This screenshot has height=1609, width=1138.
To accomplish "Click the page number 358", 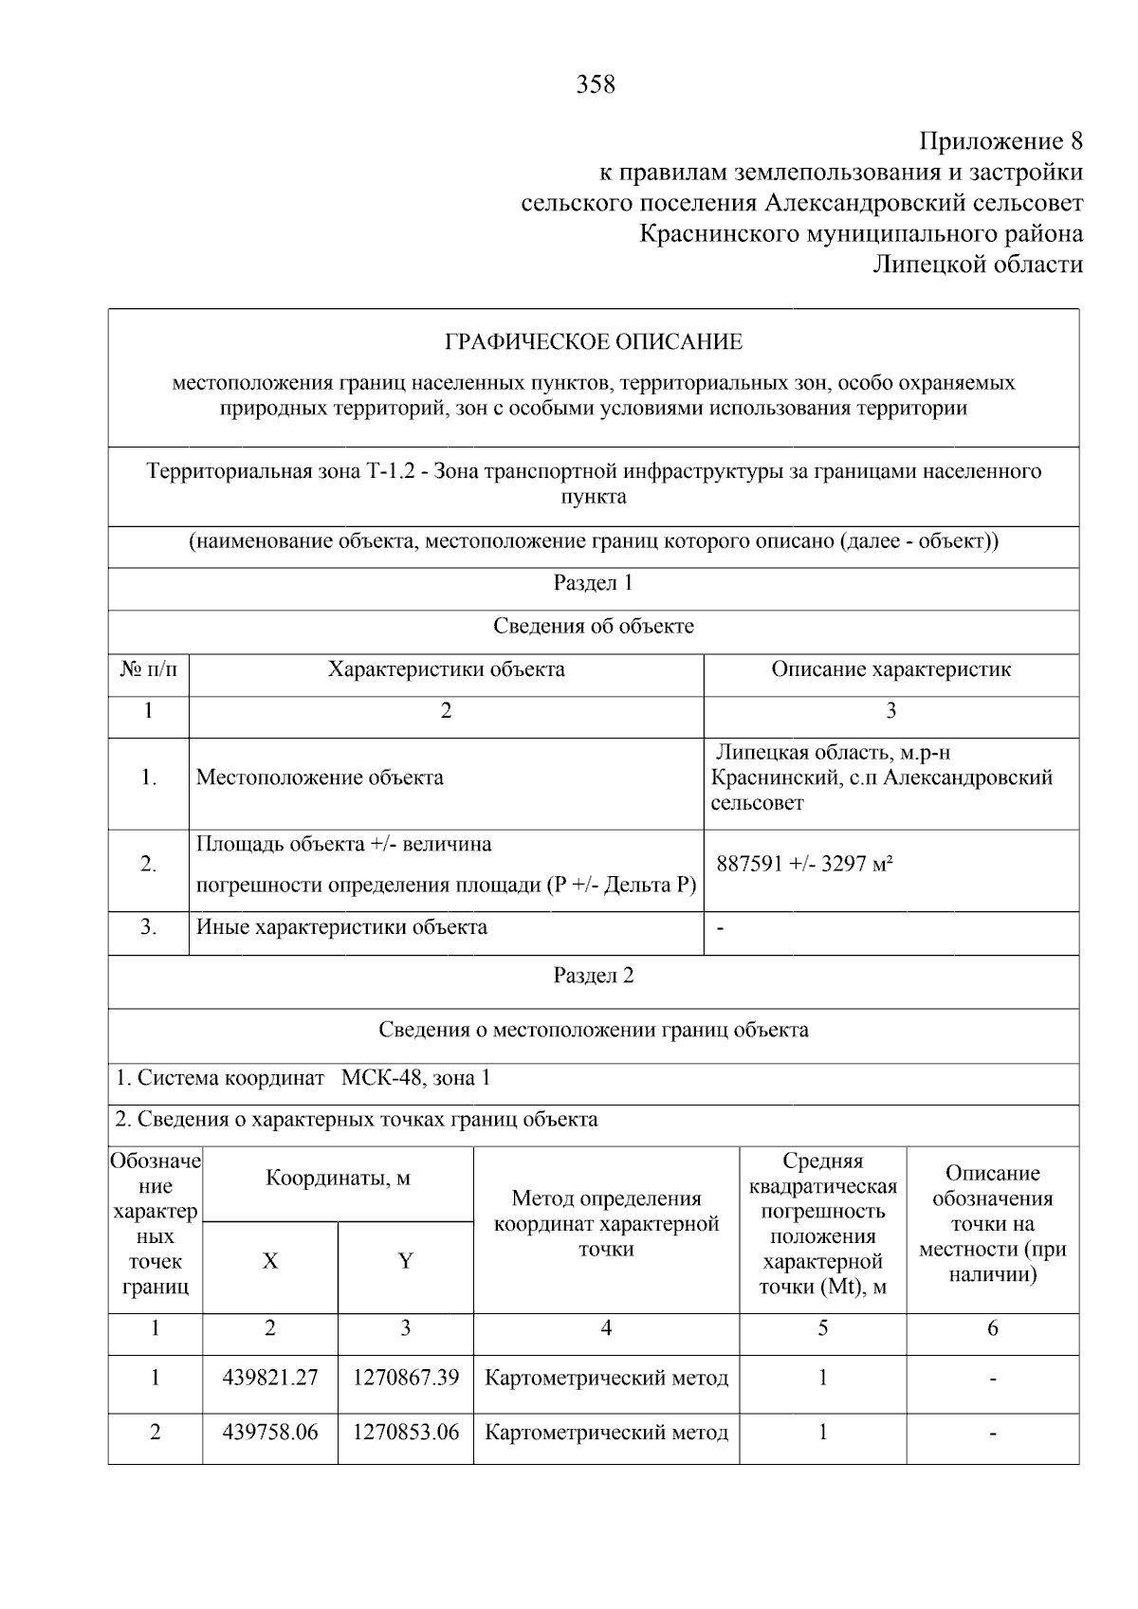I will pyautogui.click(x=596, y=85).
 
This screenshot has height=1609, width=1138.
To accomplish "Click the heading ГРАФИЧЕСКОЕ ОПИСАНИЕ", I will pyautogui.click(x=594, y=341).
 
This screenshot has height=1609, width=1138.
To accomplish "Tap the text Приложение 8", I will pyautogui.click(x=1001, y=142).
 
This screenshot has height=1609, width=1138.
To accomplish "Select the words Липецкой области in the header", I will pyautogui.click(x=978, y=265).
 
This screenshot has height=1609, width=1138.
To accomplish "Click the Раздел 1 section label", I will pyautogui.click(x=593, y=583).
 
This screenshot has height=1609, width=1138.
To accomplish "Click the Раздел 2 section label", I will pyautogui.click(x=593, y=977).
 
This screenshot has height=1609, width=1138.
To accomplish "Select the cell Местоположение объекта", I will pyautogui.click(x=320, y=778).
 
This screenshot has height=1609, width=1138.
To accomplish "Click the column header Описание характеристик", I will pyautogui.click(x=890, y=669).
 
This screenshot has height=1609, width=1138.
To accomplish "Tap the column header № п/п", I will pyautogui.click(x=149, y=669).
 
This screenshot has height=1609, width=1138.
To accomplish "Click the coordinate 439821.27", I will pyautogui.click(x=270, y=1378).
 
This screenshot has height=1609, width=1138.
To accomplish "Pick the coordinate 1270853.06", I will pyautogui.click(x=406, y=1433).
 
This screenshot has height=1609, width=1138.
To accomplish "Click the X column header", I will pyautogui.click(x=270, y=1261).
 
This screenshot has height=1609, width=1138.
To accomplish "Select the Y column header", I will pyautogui.click(x=406, y=1261).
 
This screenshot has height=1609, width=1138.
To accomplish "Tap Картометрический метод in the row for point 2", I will pyautogui.click(x=606, y=1433).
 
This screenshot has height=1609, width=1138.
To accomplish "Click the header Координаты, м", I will pyautogui.click(x=338, y=1179).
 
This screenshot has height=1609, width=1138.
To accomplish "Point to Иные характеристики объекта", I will pyautogui.click(x=341, y=927).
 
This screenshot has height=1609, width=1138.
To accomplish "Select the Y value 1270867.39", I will pyautogui.click(x=406, y=1378).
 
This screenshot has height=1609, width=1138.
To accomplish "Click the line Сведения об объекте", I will pyautogui.click(x=594, y=627).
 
